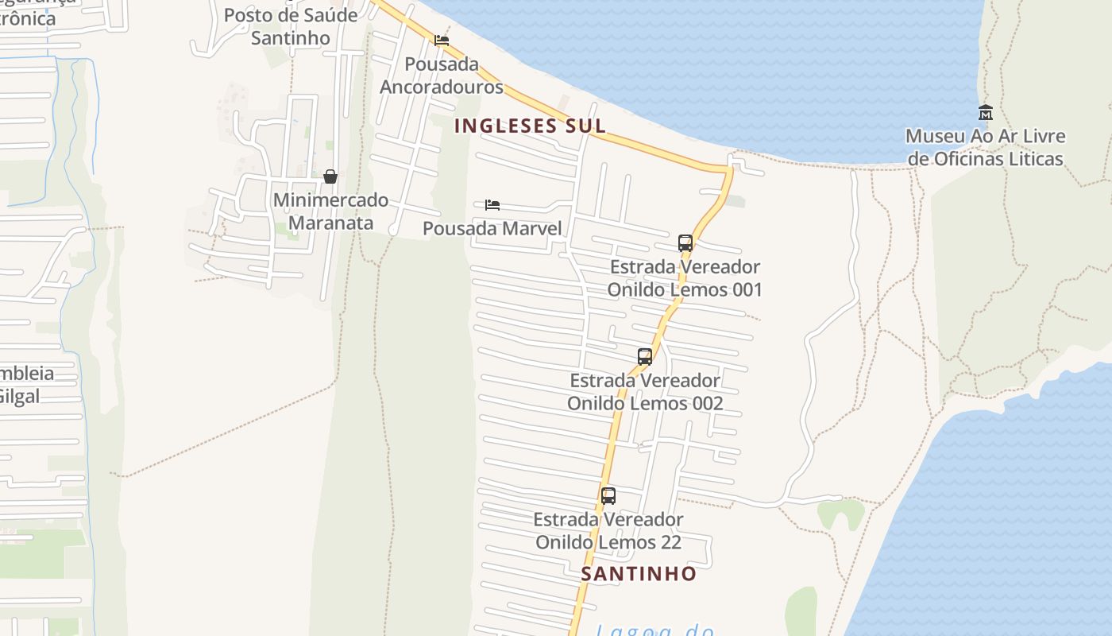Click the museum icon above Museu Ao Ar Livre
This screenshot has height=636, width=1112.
(986, 112)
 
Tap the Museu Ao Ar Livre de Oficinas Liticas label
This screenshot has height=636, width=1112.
(985, 148)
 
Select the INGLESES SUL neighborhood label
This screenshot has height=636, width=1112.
(530, 126)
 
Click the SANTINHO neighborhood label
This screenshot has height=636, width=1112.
(639, 573)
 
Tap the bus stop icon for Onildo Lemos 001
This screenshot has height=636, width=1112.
(685, 242)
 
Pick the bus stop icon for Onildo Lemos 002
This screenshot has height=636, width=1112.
(645, 356)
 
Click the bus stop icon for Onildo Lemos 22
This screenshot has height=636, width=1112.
(608, 496)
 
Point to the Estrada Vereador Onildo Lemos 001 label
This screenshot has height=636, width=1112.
(685, 278)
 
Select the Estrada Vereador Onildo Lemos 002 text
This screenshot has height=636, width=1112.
(645, 392)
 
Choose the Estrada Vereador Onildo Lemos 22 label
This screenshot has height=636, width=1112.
(608, 531)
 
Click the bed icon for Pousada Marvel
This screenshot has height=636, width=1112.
(492, 205)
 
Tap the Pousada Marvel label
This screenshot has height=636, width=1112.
(492, 229)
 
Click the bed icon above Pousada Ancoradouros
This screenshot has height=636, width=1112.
(442, 41)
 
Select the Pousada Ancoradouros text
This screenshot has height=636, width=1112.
(442, 75)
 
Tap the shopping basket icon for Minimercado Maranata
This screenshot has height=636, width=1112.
(330, 176)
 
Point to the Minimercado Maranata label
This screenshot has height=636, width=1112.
(330, 211)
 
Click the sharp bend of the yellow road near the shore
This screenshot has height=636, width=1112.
(728, 169)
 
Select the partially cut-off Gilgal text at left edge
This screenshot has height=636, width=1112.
(19, 396)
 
